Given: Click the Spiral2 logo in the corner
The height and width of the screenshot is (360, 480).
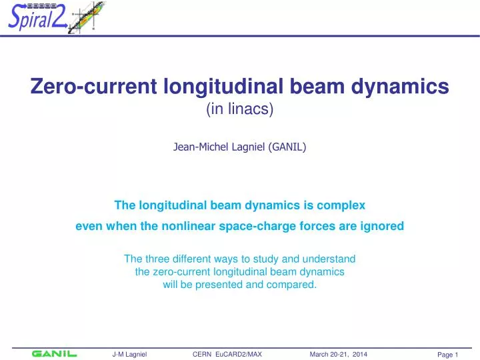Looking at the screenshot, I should tap(53, 19).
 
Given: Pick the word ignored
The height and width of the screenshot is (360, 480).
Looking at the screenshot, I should tap(381, 226).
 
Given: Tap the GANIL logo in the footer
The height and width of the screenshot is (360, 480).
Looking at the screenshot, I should tap(54, 354).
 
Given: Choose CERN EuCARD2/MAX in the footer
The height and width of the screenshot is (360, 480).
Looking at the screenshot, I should tap(227, 355).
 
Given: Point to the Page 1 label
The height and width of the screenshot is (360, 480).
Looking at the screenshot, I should tap(443, 355).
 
